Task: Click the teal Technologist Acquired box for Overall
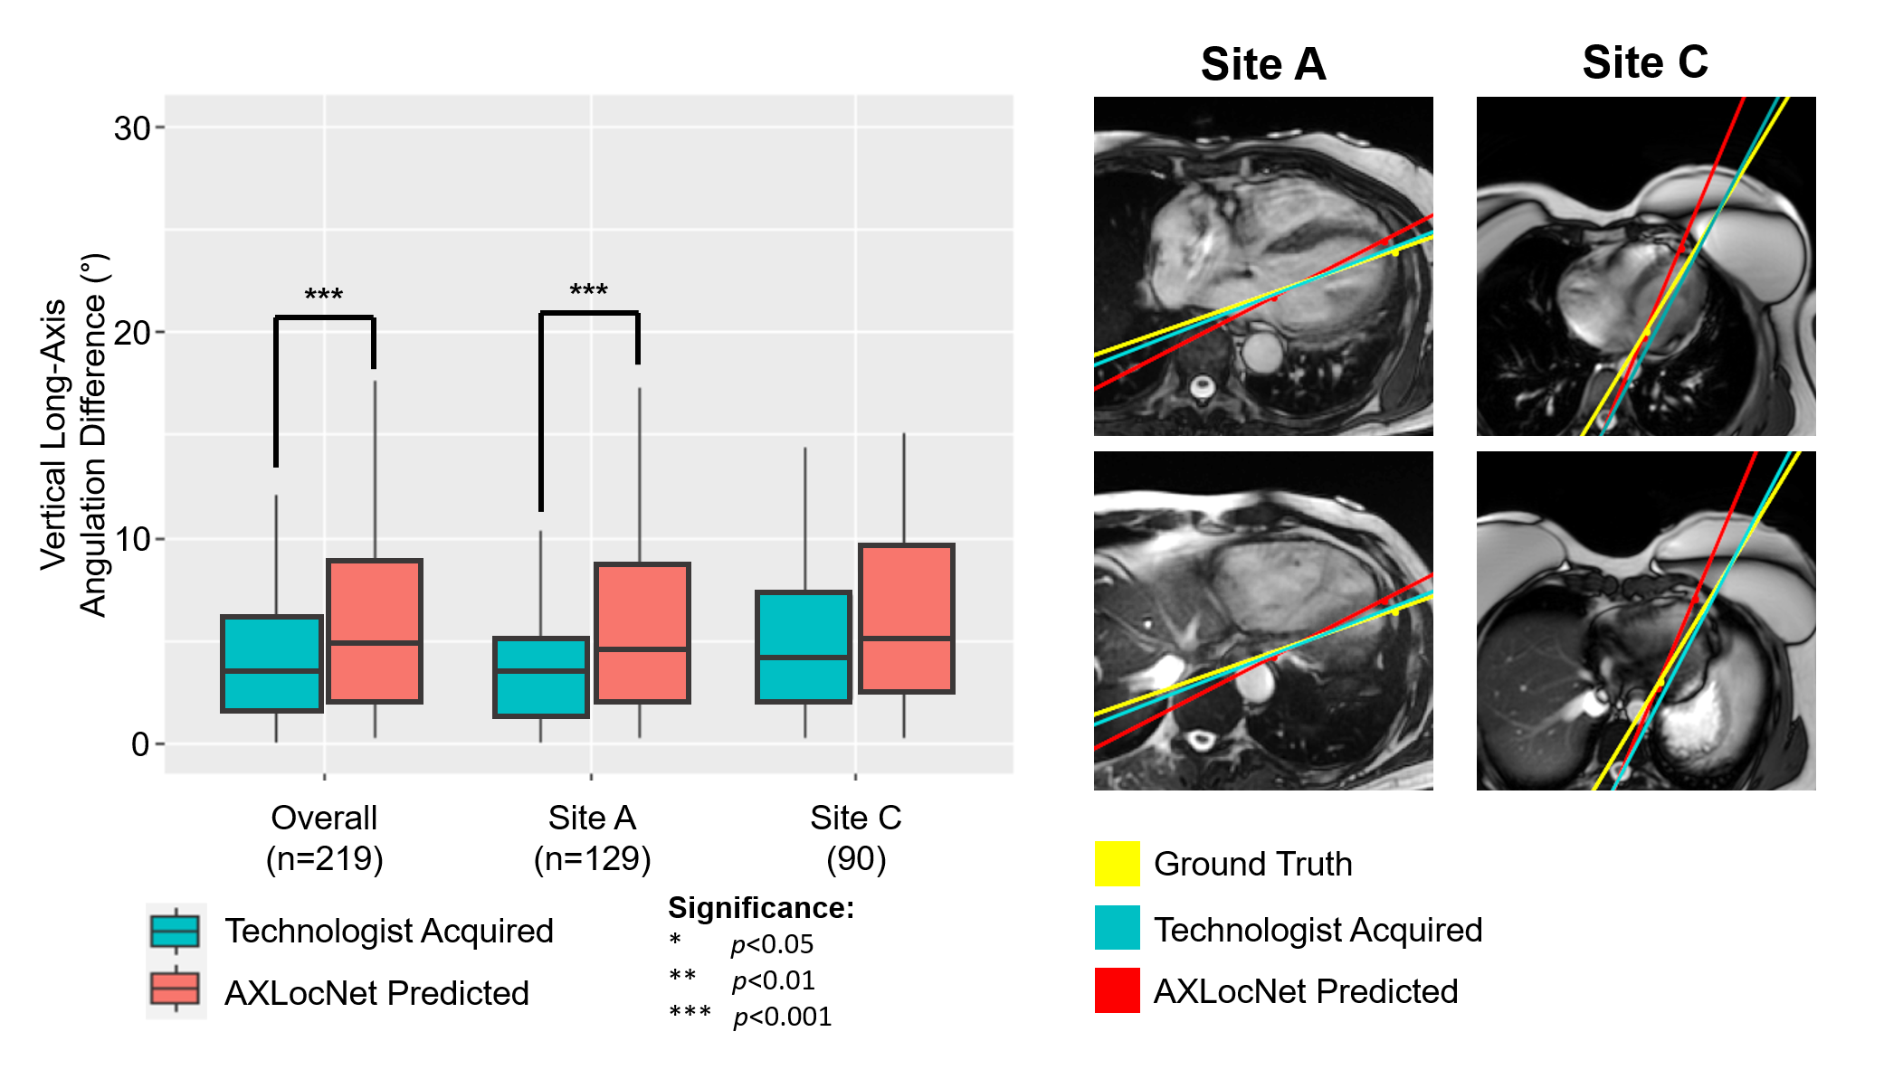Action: tap(271, 664)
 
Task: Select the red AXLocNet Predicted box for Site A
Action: tap(642, 632)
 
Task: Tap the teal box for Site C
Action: tap(804, 647)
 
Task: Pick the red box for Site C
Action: tap(906, 619)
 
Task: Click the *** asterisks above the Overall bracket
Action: tap(323, 295)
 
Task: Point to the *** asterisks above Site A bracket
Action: tap(588, 290)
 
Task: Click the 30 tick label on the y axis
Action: tap(132, 128)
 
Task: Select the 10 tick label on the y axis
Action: tap(132, 539)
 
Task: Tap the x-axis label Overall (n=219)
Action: tap(324, 838)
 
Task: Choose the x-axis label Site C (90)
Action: tap(855, 838)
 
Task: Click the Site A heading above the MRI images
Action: tap(1262, 64)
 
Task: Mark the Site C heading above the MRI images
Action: tap(1644, 62)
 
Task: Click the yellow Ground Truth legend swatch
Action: tap(1117, 863)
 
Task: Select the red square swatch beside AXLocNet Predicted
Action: tap(1117, 990)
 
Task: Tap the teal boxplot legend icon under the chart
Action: tap(176, 931)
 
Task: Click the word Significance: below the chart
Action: tap(761, 907)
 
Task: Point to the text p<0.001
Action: tap(782, 1017)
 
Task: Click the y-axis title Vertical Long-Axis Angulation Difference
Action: tap(73, 434)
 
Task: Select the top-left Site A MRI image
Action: tap(1262, 266)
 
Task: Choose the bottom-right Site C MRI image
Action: tap(1645, 620)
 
